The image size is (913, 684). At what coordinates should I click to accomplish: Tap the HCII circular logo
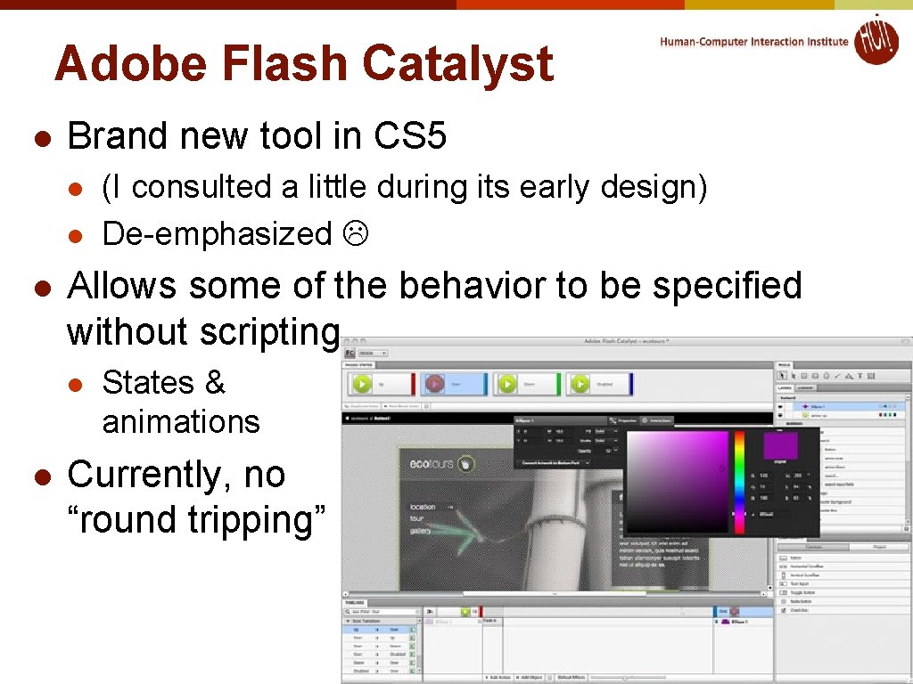[876, 40]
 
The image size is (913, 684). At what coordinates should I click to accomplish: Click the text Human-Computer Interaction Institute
[754, 42]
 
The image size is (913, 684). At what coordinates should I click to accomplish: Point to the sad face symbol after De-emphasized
[355, 234]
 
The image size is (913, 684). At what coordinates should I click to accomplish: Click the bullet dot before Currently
[40, 476]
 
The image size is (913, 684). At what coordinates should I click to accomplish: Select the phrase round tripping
[196, 519]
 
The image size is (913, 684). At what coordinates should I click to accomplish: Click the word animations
[181, 421]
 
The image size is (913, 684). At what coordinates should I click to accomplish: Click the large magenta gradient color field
[678, 481]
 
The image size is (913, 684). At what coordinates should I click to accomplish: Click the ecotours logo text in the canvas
[432, 463]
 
